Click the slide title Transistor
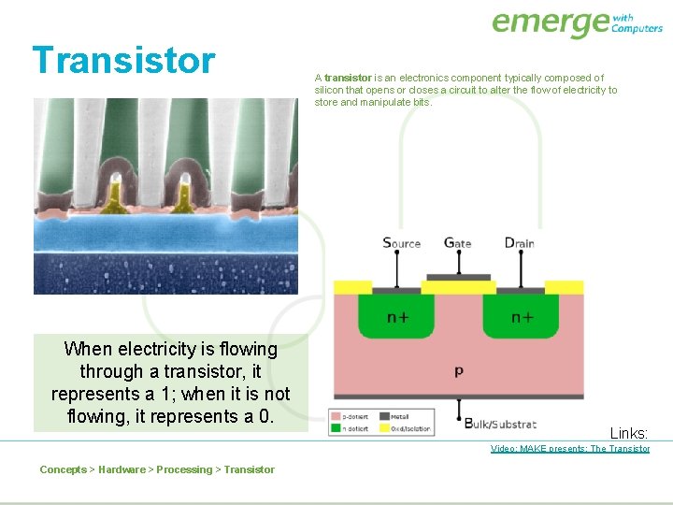[x=123, y=60]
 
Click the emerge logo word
[x=549, y=22]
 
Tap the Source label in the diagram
[x=401, y=243]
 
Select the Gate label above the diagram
[x=457, y=243]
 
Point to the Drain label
[x=519, y=243]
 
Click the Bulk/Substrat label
[x=500, y=423]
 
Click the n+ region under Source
[x=396, y=317]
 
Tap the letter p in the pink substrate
[x=458, y=370]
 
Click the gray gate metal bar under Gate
[x=458, y=278]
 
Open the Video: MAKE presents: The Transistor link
[x=570, y=449]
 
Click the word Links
[x=629, y=433]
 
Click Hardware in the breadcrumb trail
[x=122, y=469]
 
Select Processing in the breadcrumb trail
[x=186, y=469]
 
